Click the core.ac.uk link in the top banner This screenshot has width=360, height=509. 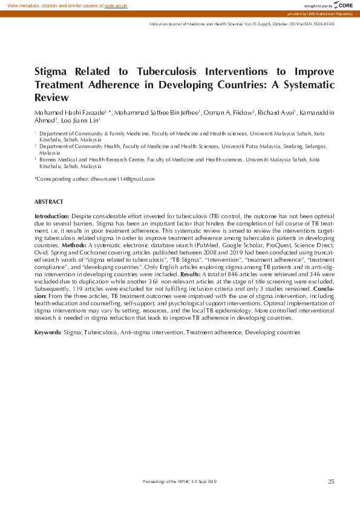(x=116, y=5)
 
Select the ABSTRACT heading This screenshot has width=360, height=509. (x=49, y=201)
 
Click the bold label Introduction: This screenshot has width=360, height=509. (x=52, y=216)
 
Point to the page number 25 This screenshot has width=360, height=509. (x=331, y=481)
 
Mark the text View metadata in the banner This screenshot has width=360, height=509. (x=24, y=5)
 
